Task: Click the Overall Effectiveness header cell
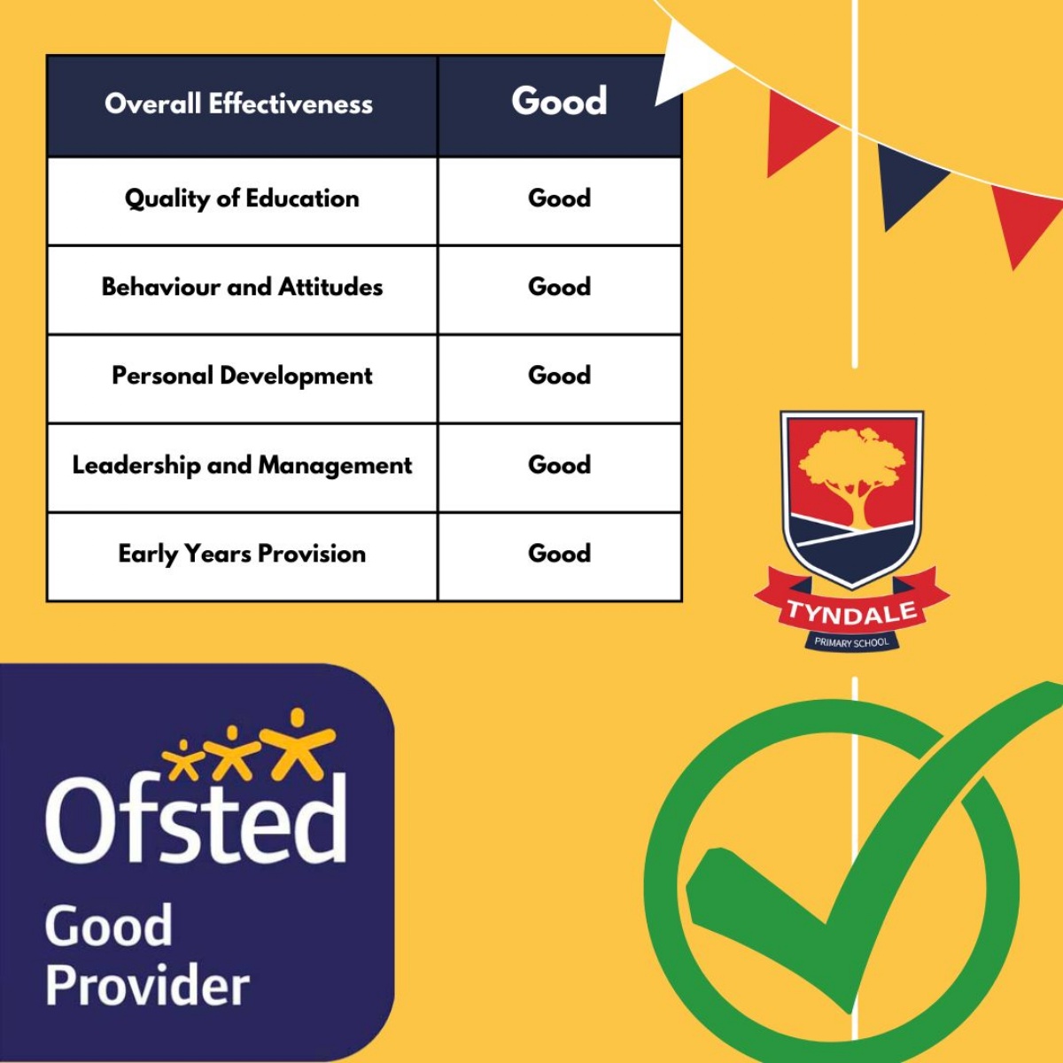pos(239,105)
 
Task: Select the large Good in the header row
pos(559,101)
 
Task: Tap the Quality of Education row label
pos(242,198)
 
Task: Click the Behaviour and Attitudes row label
pos(242,287)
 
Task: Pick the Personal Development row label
pos(242,376)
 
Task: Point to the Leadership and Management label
pos(242,465)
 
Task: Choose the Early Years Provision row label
pos(242,554)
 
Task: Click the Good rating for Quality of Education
pos(559,198)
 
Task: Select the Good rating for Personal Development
pos(559,376)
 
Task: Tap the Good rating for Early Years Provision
pos(559,554)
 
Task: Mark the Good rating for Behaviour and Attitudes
pos(559,287)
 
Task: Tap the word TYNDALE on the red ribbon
pos(851,612)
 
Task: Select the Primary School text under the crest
pos(851,642)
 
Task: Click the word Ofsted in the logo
pos(196,819)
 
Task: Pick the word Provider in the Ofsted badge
pos(147,986)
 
